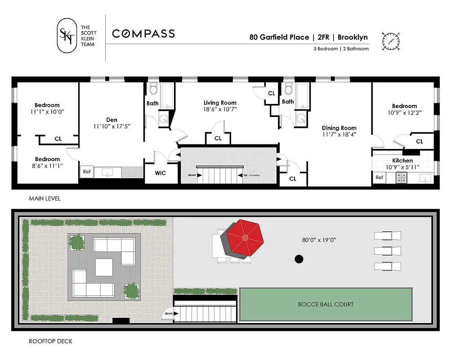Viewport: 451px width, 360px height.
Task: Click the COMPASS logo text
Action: coord(143,34)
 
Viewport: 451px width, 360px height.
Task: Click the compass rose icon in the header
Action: coord(391,41)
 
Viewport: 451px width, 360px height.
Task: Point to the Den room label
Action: coord(112,119)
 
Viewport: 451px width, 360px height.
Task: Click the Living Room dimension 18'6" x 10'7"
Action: coord(220,109)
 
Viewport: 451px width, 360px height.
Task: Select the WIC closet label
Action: coord(161,173)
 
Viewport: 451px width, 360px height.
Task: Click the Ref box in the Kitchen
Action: coord(379,178)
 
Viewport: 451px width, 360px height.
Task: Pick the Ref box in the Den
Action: coord(86,171)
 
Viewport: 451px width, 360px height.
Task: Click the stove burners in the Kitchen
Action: coord(401,178)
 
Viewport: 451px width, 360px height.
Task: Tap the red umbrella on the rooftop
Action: coord(244,238)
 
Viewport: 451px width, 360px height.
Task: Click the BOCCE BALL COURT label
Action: coord(326,305)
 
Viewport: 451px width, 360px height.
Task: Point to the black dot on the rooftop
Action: coord(298,259)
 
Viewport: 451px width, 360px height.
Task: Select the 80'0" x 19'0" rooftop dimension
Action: coord(320,240)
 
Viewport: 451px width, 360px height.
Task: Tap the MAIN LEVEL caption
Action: coord(45,198)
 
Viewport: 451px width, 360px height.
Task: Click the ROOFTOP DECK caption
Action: coord(50,341)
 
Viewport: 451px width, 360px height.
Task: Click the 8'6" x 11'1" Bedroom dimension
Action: coord(47,166)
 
